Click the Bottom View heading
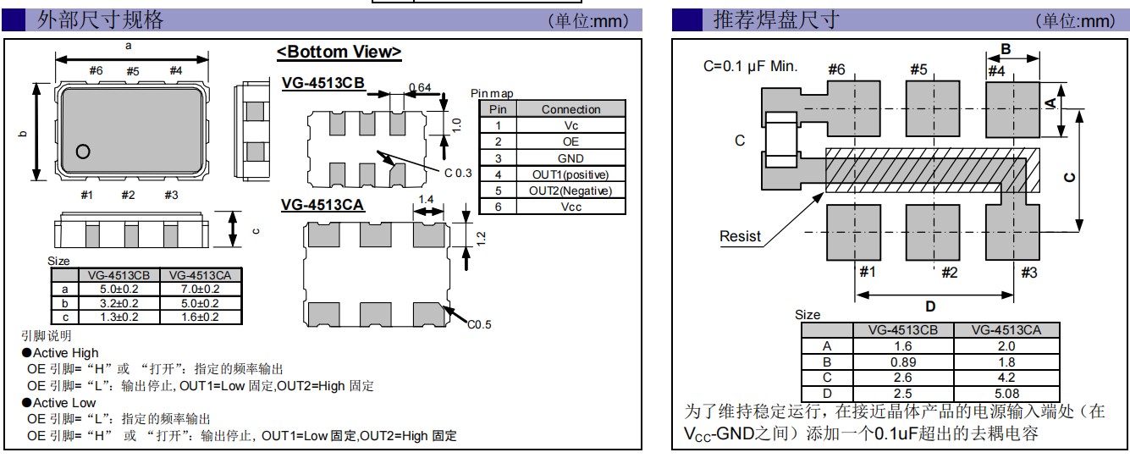(x=339, y=52)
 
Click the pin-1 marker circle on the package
(x=83, y=152)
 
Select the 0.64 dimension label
(x=419, y=87)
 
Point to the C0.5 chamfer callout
(x=478, y=323)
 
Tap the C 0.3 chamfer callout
(x=458, y=173)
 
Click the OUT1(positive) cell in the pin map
(x=571, y=174)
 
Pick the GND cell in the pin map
(x=571, y=158)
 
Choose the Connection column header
(x=571, y=109)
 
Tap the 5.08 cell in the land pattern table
(x=1006, y=393)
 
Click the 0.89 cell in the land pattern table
(x=902, y=361)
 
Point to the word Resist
(x=740, y=237)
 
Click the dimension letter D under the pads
(x=930, y=307)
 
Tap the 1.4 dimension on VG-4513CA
(x=427, y=198)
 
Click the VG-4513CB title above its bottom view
(x=322, y=82)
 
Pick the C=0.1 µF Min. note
(x=750, y=66)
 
